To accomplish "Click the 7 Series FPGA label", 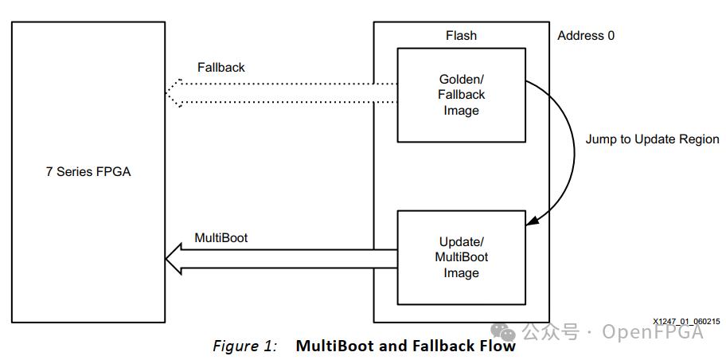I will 88,171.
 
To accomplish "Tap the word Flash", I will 461,35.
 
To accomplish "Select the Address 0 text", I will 586,35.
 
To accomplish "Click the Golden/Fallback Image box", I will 461,95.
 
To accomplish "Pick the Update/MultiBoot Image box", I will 461,257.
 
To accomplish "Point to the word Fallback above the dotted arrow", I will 221,68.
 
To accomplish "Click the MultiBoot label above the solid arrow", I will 221,238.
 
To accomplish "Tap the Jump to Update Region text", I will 652,139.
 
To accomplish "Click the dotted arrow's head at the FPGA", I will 174,92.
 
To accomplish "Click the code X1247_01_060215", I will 687,321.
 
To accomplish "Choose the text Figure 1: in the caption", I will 244,346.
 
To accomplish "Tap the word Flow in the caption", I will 498,346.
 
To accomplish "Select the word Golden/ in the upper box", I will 461,79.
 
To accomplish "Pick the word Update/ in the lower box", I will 461,241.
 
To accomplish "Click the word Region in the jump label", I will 698,139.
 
